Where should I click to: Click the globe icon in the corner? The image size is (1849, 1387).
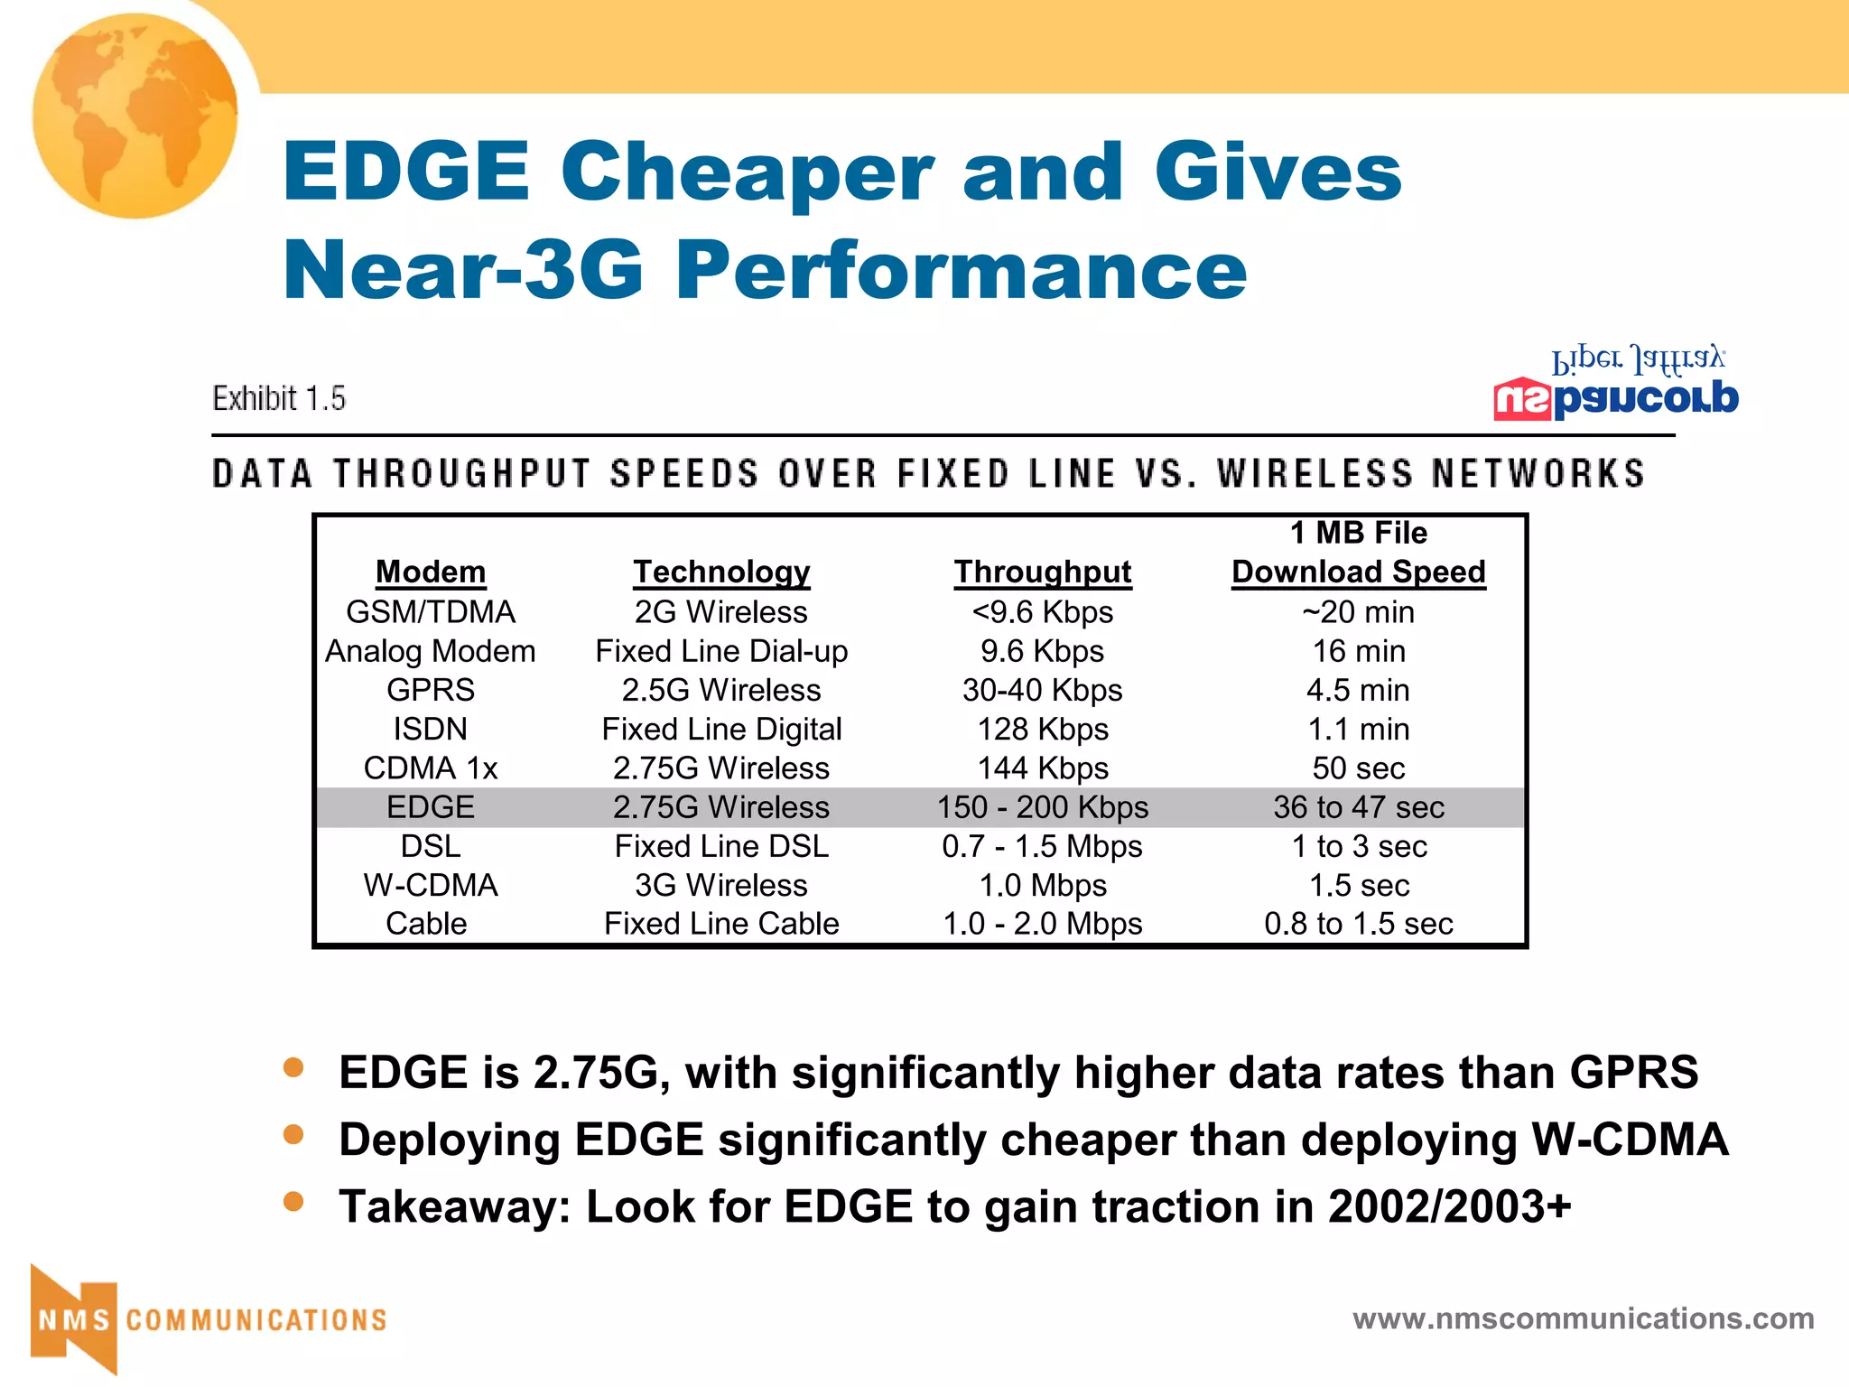pos(135,116)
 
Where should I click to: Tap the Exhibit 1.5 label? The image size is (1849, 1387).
pos(279,398)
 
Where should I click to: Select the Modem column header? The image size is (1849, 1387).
pos(431,572)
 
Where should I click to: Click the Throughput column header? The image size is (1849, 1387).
pos(1043,572)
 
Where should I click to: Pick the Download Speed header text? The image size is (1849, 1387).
pos(1359,572)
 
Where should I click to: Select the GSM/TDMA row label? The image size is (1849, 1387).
pos(431,612)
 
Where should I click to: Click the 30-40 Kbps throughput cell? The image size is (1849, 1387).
pos(1043,691)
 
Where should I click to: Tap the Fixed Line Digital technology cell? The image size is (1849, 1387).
pos(721,730)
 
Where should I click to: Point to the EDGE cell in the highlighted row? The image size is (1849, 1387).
pos(431,807)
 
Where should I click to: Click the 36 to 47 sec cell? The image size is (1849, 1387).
pos(1359,807)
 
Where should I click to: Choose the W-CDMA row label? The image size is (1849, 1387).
pos(431,886)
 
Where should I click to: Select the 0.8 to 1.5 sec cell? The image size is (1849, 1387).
pos(1359,925)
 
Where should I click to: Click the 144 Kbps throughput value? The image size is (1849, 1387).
pos(1043,768)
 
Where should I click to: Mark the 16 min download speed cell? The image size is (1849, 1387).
pos(1359,651)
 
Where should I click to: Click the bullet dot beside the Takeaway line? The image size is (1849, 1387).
pos(293,1201)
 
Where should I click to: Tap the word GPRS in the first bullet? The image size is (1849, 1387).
pos(1633,1073)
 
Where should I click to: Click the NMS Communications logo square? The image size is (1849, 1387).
pos(75,1319)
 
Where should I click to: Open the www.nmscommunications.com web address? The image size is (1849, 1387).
pos(1584,1318)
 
